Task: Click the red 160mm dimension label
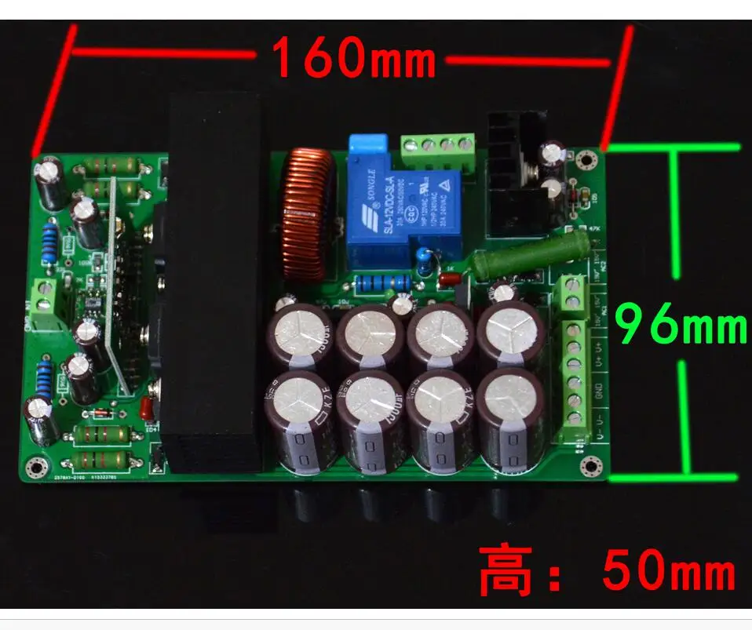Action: point(353,58)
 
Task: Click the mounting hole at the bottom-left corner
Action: point(33,468)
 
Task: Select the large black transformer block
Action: point(214,282)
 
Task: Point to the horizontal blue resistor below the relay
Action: point(382,282)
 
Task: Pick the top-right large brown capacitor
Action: point(512,333)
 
